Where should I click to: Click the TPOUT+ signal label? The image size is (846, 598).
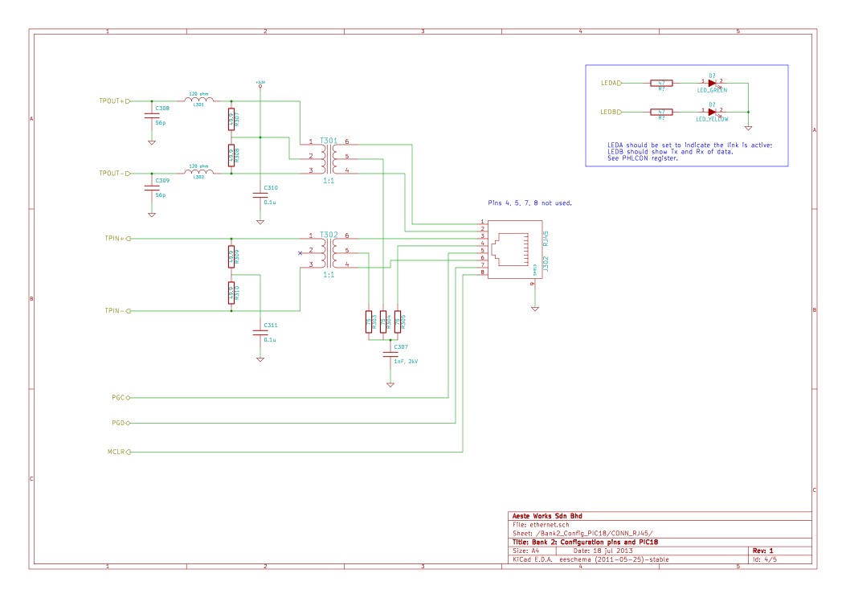click(x=111, y=101)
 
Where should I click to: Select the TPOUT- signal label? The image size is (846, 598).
click(x=111, y=173)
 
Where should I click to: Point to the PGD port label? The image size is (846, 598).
click(x=118, y=422)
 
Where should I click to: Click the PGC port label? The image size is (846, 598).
click(x=118, y=397)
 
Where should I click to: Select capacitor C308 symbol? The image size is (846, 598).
click(x=151, y=116)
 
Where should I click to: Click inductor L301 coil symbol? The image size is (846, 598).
click(x=199, y=100)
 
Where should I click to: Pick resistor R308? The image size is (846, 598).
click(x=231, y=154)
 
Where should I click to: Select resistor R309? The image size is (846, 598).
click(x=231, y=256)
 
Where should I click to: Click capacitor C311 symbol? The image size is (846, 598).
click(x=260, y=332)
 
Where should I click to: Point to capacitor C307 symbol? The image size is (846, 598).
click(x=390, y=354)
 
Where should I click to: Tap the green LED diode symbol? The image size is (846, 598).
click(x=713, y=82)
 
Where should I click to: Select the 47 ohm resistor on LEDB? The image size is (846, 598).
click(x=661, y=112)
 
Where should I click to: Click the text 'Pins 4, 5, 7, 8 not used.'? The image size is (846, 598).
click(x=529, y=203)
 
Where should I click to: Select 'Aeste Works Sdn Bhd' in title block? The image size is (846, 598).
click(x=543, y=516)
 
